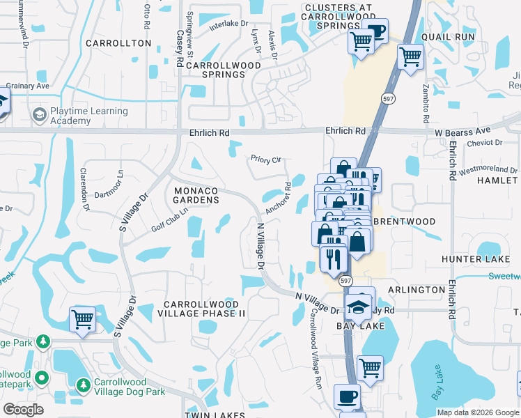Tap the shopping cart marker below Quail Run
point(411,56)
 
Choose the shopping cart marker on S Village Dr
point(82,320)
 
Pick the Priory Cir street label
point(266,159)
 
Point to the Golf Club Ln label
point(170,220)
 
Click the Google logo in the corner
point(23,410)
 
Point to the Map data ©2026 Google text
point(478,412)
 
